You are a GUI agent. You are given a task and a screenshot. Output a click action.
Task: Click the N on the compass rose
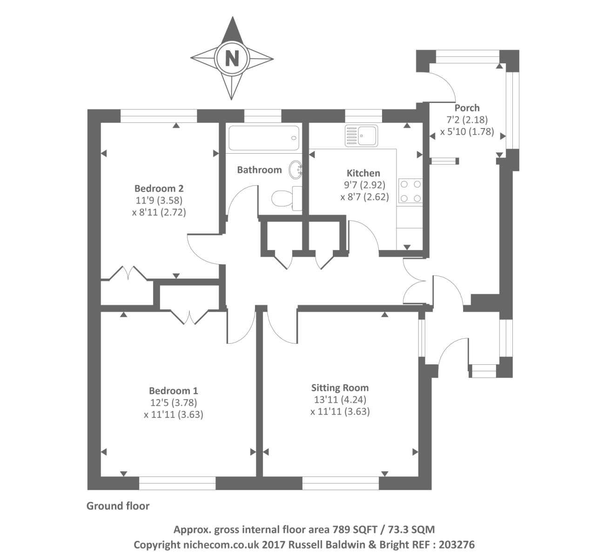232,59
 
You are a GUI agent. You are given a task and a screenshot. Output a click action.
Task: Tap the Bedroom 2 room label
159,189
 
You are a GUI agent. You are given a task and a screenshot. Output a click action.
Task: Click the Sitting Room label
340,388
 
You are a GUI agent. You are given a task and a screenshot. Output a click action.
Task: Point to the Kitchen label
364,173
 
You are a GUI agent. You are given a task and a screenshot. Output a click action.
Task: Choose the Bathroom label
259,170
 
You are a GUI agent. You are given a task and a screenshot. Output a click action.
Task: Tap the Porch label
467,108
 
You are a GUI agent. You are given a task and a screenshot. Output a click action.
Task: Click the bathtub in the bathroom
263,137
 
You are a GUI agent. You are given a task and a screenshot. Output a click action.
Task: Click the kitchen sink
362,135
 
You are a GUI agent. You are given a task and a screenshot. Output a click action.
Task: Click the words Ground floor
118,506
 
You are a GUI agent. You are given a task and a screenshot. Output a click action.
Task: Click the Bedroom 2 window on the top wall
159,116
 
